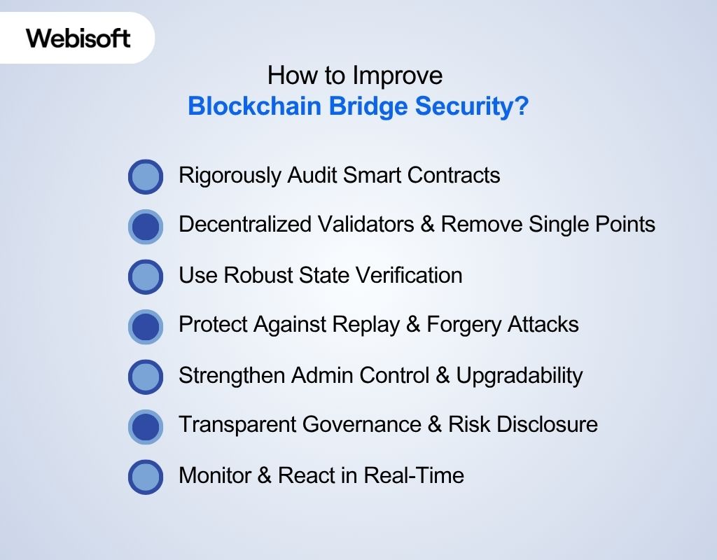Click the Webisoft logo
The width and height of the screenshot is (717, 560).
78,38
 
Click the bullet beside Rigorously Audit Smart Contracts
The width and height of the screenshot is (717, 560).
146,176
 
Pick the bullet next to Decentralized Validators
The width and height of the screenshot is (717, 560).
146,226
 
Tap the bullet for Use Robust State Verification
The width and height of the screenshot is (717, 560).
146,276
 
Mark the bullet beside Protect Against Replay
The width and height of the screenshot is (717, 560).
146,326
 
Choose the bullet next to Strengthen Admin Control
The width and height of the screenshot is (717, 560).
146,377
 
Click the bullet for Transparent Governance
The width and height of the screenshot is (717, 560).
146,426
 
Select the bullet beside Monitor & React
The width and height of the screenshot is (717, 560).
146,477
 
